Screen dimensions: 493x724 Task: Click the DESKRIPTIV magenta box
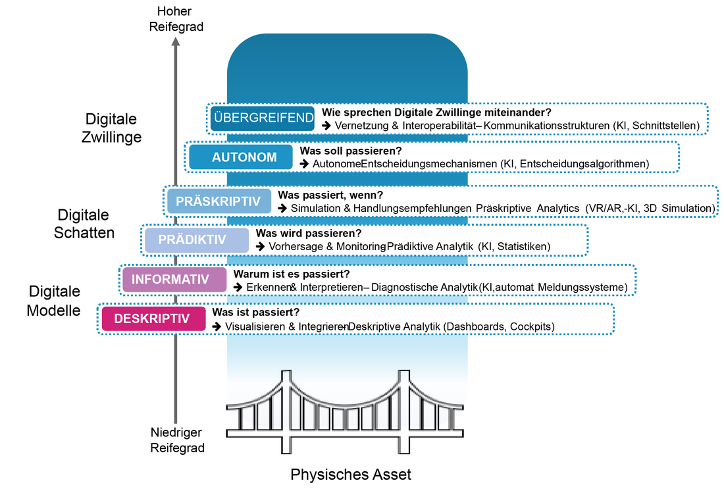pyautogui.click(x=151, y=319)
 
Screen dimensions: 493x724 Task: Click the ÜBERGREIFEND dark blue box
pyautogui.click(x=263, y=118)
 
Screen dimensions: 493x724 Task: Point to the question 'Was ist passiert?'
pyautogui.click(x=255, y=313)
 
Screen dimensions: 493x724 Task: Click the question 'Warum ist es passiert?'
pyautogui.click(x=292, y=273)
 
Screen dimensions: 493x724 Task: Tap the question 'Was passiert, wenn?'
pyautogui.click(x=330, y=195)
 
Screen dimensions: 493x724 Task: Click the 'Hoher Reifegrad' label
pyautogui.click(x=175, y=19)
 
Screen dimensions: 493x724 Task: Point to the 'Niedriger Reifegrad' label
pyautogui.click(x=176, y=440)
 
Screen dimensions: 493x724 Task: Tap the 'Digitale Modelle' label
pyautogui.click(x=54, y=301)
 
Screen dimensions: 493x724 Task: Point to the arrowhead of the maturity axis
pyautogui.click(x=176, y=41)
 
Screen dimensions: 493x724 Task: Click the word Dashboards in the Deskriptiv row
pyautogui.click(x=473, y=326)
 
